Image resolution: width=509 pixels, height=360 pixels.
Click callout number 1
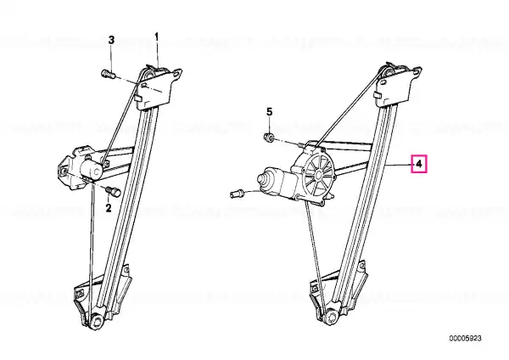click(157, 37)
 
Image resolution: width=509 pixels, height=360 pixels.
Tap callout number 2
click(109, 208)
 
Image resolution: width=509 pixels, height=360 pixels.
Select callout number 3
click(111, 40)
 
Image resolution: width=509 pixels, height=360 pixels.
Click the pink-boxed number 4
click(419, 164)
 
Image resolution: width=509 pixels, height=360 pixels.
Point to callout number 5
click(270, 112)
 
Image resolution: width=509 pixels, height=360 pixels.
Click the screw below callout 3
click(109, 75)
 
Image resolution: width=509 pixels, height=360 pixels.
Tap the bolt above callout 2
click(115, 191)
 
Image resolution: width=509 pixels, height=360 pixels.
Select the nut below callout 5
click(269, 137)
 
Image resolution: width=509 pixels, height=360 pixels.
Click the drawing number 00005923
click(465, 339)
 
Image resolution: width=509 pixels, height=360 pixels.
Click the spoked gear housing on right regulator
click(318, 174)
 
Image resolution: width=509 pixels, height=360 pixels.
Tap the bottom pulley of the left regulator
click(97, 322)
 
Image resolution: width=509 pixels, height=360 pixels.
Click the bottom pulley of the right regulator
click(331, 317)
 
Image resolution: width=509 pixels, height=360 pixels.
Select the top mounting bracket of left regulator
click(159, 87)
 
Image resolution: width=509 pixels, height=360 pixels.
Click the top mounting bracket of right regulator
click(399, 86)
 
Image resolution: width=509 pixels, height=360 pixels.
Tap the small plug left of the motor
click(237, 194)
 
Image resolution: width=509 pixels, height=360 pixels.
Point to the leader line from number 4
click(400, 166)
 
